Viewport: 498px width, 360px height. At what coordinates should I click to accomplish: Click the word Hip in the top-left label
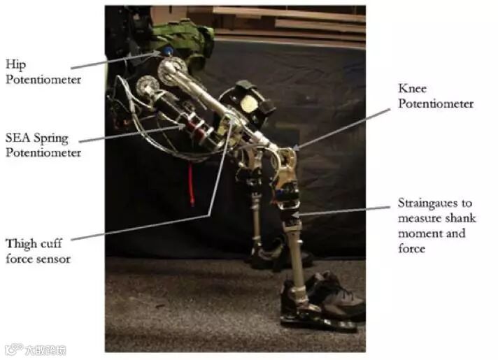point(15,64)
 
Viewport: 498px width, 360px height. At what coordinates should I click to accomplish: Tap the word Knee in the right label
point(412,89)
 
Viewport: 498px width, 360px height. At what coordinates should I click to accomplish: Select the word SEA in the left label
point(18,138)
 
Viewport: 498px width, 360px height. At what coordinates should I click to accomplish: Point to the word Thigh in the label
point(22,243)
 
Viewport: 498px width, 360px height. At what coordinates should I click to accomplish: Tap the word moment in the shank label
point(415,232)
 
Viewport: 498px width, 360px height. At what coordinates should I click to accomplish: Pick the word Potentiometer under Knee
point(435,103)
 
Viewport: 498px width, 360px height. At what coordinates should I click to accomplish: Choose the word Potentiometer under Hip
point(43,78)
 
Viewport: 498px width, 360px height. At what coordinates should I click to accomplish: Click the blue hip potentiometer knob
point(168,52)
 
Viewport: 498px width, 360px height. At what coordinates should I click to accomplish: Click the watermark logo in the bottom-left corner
point(13,350)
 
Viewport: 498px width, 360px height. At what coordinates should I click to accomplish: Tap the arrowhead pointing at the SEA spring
point(183,127)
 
